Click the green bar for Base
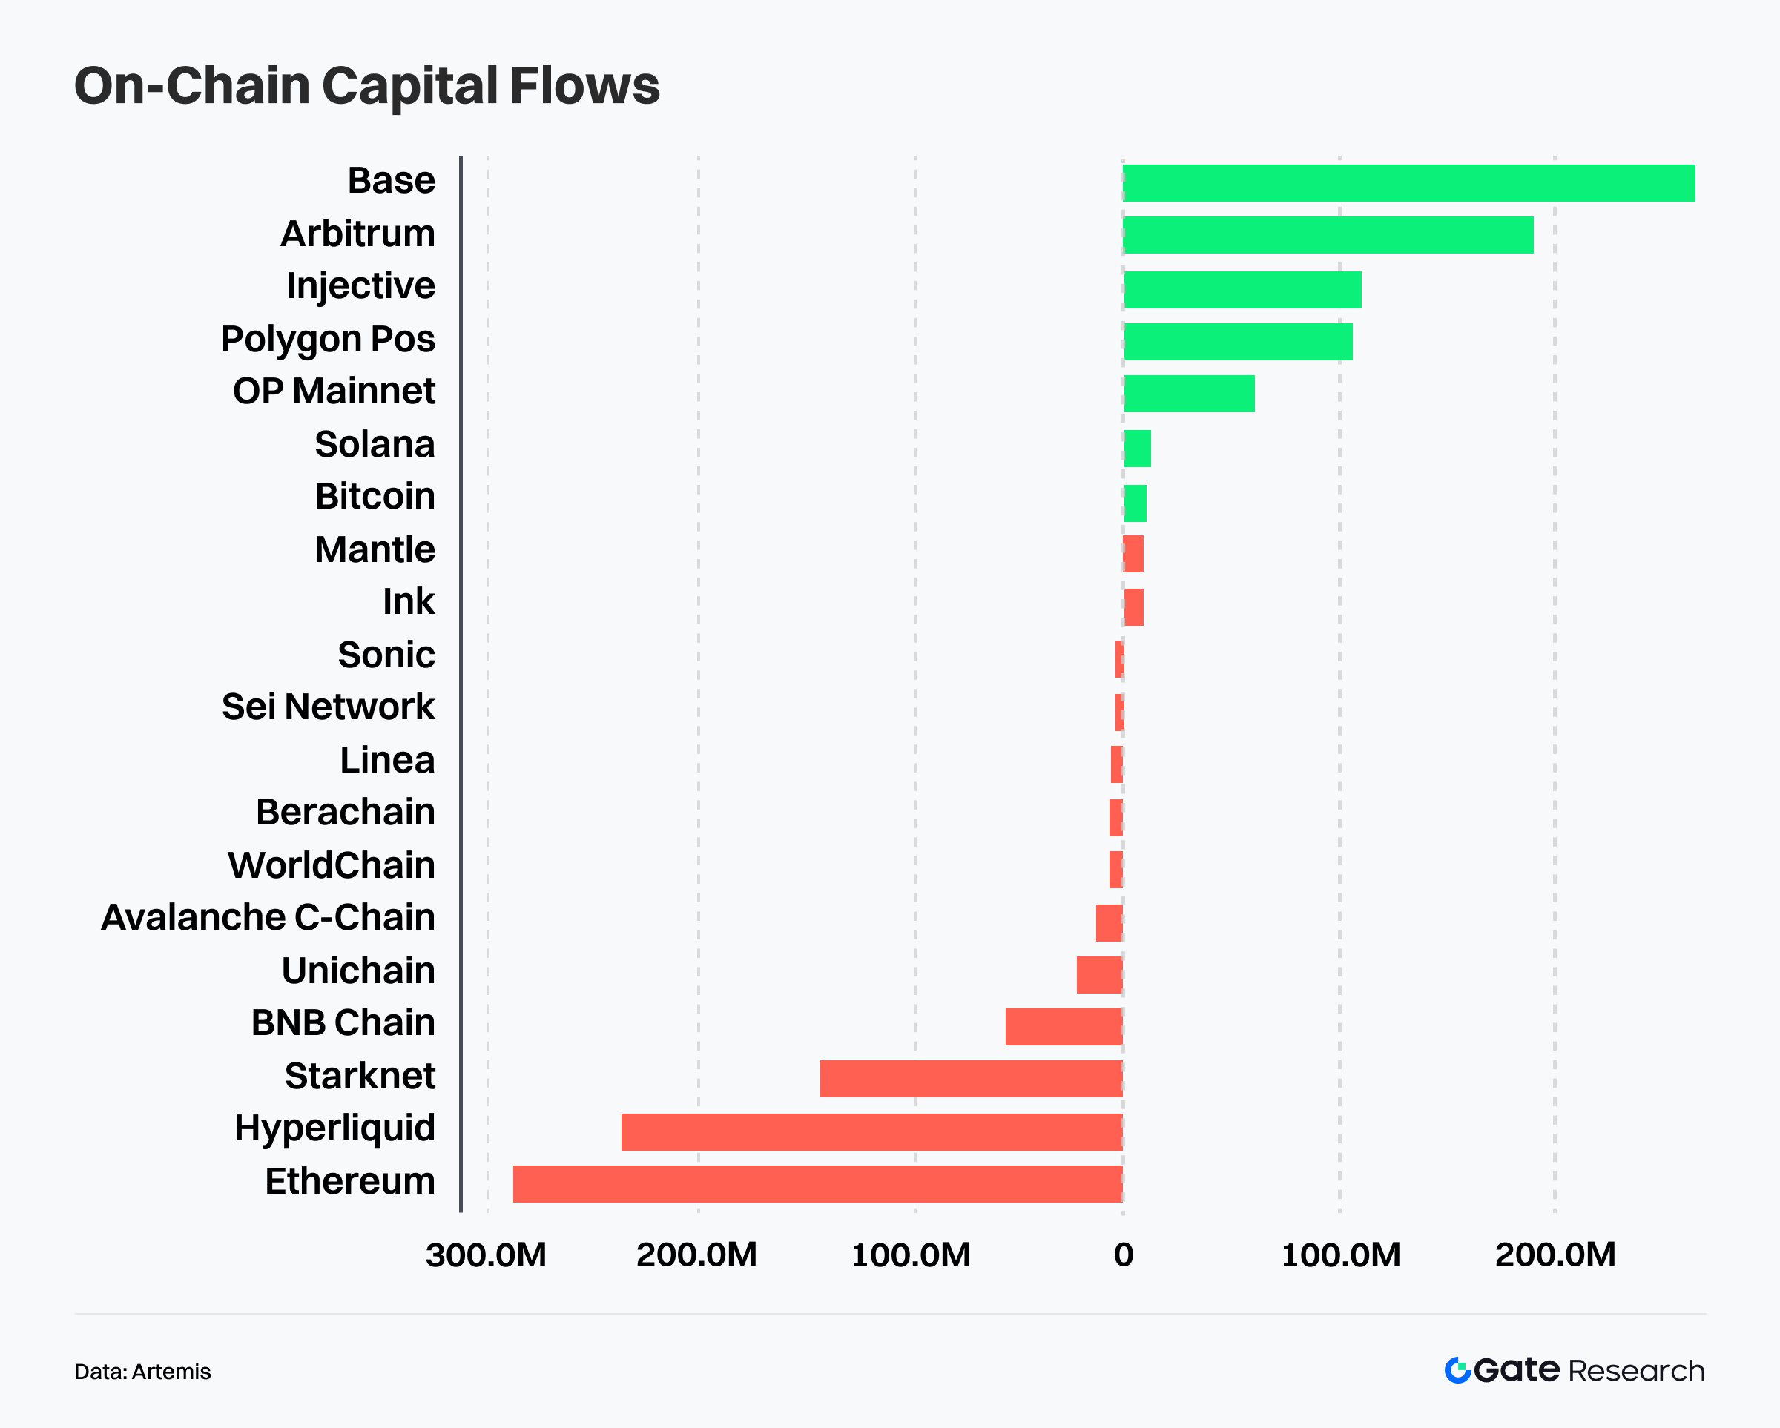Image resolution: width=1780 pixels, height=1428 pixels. pyautogui.click(x=1408, y=183)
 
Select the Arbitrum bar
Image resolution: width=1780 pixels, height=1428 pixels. pyautogui.click(x=1328, y=235)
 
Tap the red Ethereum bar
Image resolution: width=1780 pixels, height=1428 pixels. pyautogui.click(x=817, y=1183)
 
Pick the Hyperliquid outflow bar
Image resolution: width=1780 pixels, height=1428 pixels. pyautogui.click(x=872, y=1131)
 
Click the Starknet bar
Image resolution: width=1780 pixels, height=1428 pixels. pyautogui.click(x=971, y=1079)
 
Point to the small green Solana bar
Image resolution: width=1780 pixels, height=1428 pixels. pyautogui.click(x=1137, y=449)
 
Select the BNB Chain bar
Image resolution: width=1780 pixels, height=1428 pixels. pyautogui.click(x=1064, y=1027)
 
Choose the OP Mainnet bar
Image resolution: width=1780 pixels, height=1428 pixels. pyautogui.click(x=1189, y=394)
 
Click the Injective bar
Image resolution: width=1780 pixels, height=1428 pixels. pyautogui.click(x=1242, y=290)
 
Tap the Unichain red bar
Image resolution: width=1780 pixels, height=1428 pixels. pyautogui.click(x=1099, y=975)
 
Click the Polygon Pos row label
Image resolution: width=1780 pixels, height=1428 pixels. pyautogui.click(x=328, y=340)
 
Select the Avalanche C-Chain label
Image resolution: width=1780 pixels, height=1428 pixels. pyautogui.click(x=268, y=918)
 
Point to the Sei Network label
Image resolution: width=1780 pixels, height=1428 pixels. pyautogui.click(x=328, y=707)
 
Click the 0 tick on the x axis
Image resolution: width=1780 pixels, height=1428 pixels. pyautogui.click(x=1123, y=1255)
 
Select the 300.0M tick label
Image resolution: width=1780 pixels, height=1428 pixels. pyautogui.click(x=487, y=1255)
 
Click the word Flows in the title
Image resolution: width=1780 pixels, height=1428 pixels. pyautogui.click(x=584, y=86)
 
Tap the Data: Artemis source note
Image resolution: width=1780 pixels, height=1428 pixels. pyautogui.click(x=143, y=1372)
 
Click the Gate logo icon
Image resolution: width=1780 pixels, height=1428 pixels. pyautogui.click(x=1457, y=1370)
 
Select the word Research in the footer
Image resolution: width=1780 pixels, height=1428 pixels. pyautogui.click(x=1636, y=1371)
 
